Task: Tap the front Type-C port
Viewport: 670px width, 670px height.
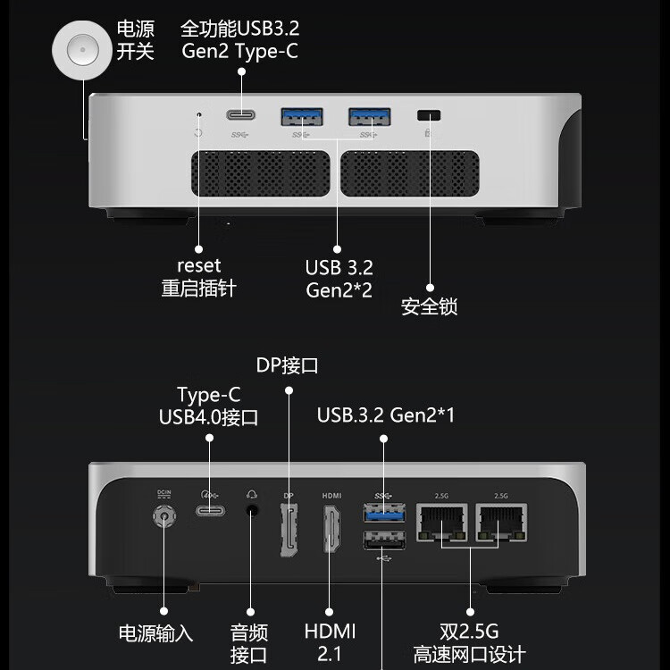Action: coord(239,115)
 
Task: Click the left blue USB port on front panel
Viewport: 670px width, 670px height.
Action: coord(302,116)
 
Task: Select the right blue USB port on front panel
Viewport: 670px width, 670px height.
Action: coord(369,116)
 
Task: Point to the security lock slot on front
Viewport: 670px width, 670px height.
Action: coord(430,115)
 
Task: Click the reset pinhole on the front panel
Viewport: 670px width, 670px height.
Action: coord(198,114)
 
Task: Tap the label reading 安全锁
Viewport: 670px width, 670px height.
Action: coord(429,306)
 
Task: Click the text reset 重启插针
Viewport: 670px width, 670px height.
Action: coord(198,277)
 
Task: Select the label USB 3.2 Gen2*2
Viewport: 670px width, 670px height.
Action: coord(339,279)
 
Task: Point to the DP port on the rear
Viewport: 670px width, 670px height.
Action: coord(289,531)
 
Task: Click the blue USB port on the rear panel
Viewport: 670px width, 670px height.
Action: coord(383,514)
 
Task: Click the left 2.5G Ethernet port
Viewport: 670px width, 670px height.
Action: coord(441,520)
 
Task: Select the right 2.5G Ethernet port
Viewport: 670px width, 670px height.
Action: coord(499,520)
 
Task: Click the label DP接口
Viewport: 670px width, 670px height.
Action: coord(287,365)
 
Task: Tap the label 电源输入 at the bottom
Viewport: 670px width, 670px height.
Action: coord(155,633)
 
